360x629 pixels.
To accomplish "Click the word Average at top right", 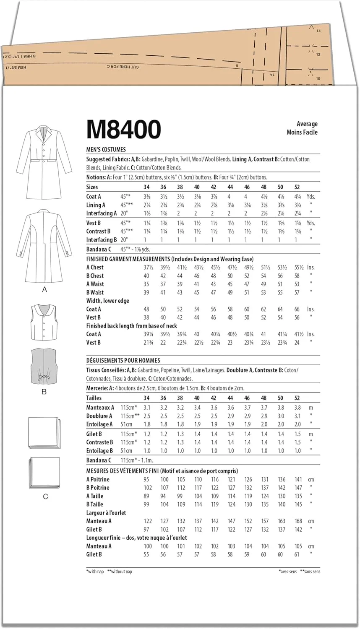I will coord(307,124).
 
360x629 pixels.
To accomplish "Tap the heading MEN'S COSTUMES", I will coord(106,149).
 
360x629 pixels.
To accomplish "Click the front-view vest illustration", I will coord(43,322).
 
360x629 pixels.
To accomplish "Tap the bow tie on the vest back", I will coord(43,378).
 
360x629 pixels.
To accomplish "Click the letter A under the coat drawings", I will coord(44,290).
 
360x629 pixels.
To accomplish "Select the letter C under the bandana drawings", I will coord(45,496).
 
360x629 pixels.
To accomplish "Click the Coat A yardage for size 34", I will coord(146,196).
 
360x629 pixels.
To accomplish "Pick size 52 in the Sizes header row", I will coord(297,187).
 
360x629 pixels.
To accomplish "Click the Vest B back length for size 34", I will coord(146,343).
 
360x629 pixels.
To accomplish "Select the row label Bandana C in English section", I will coord(99,249).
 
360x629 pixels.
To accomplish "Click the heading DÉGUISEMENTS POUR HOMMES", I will coord(123,360).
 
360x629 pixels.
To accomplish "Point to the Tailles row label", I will coord(94,398).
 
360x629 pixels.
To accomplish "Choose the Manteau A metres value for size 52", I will coord(297,407).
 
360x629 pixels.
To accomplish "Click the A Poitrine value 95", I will coord(146,479).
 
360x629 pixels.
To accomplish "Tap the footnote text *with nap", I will coord(95,572).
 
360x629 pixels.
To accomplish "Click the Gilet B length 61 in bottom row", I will coord(297,554).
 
